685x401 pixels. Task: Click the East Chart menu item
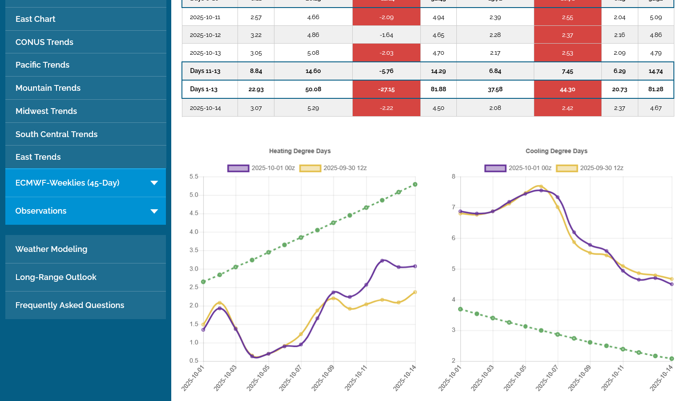pyautogui.click(x=36, y=19)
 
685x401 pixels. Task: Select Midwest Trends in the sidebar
pyautogui.click(x=46, y=111)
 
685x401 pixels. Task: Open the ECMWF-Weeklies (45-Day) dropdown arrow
pyautogui.click(x=154, y=183)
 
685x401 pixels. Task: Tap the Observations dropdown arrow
pyautogui.click(x=154, y=211)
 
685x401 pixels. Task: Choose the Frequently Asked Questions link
pyautogui.click(x=70, y=305)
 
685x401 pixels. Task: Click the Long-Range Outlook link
pyautogui.click(x=56, y=277)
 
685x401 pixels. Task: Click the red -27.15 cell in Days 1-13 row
pyautogui.click(x=387, y=89)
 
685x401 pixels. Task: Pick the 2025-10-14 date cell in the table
pyautogui.click(x=205, y=108)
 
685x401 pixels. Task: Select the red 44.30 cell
pyautogui.click(x=567, y=89)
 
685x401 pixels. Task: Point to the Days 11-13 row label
pyautogui.click(x=205, y=71)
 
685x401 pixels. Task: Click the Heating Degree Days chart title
pyautogui.click(x=300, y=151)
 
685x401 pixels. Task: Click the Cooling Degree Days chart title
pyautogui.click(x=556, y=151)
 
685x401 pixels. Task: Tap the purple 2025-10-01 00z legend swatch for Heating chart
pyautogui.click(x=238, y=168)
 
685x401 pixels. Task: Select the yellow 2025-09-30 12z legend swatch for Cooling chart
pyautogui.click(x=567, y=168)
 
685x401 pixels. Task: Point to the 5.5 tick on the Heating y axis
pyautogui.click(x=194, y=177)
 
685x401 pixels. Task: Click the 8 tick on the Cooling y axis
pyautogui.click(x=454, y=177)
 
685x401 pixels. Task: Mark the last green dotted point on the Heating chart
pyautogui.click(x=415, y=184)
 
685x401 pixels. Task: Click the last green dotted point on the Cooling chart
pyautogui.click(x=672, y=359)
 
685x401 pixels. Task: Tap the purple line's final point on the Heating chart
pyautogui.click(x=415, y=267)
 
